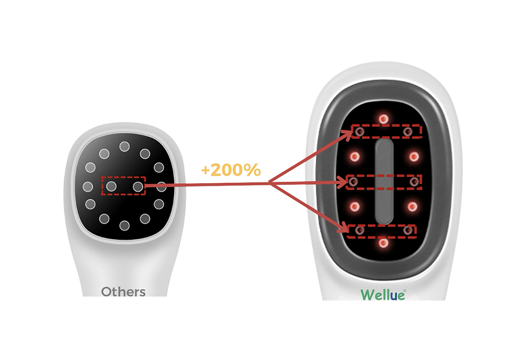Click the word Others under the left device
point(123,292)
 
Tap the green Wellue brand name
point(383,295)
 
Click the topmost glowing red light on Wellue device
point(382,118)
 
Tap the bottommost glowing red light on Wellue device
point(382,244)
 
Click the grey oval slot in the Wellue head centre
point(384,182)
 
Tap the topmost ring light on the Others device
point(124,147)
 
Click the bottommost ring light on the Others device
point(124,225)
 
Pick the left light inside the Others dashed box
point(112,186)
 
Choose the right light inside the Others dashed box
point(137,186)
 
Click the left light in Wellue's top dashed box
point(359,132)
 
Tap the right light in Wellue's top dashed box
point(408,132)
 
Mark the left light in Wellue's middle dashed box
point(354,182)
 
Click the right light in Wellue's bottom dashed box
point(408,231)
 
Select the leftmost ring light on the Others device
point(88,186)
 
